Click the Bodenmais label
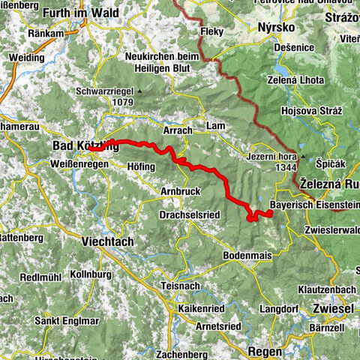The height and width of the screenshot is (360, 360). point(247,255)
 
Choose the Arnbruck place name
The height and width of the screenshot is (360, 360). point(181,191)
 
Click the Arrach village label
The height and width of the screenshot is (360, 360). point(178,130)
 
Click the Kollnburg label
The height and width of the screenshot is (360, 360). point(96,274)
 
